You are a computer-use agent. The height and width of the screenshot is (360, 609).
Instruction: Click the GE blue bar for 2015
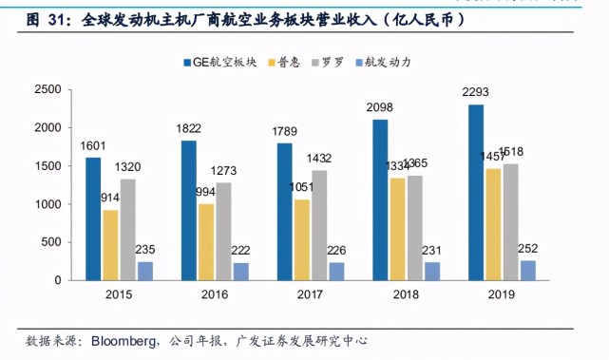click(x=93, y=218)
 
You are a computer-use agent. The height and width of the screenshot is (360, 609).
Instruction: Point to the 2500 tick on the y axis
click(x=48, y=89)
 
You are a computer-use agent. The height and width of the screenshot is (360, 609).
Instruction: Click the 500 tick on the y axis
click(x=52, y=243)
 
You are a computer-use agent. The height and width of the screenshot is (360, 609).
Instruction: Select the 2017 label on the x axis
click(x=311, y=294)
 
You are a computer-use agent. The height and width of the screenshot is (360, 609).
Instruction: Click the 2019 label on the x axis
click(x=501, y=294)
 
